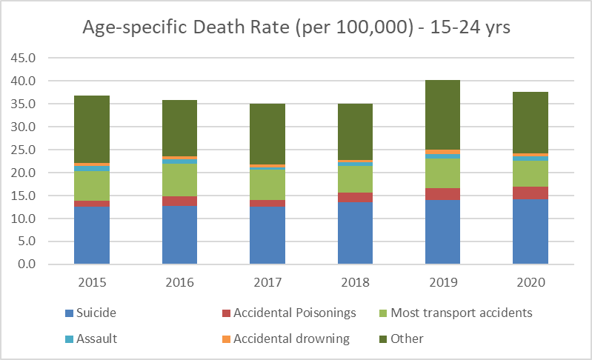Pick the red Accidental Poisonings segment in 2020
[x=531, y=193]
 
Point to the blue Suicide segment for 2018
[x=355, y=233]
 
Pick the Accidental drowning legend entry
[x=291, y=339]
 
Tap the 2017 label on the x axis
[x=267, y=282]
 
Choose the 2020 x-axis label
[x=531, y=282]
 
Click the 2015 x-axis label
[x=92, y=282]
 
